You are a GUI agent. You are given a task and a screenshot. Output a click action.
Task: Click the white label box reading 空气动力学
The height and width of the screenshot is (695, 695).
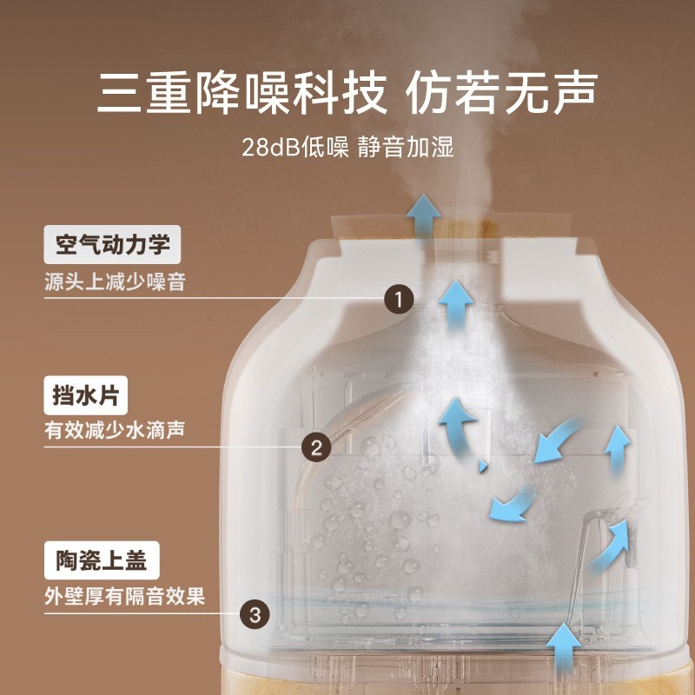click(112, 245)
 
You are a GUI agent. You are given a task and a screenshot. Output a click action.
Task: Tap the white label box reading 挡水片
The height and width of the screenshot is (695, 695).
click(86, 398)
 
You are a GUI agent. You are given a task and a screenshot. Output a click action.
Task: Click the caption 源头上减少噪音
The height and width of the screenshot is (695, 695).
click(115, 281)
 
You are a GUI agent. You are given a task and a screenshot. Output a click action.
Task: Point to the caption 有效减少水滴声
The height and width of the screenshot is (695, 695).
click(115, 430)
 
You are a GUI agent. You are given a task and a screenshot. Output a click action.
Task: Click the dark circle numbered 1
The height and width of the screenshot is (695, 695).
click(398, 301)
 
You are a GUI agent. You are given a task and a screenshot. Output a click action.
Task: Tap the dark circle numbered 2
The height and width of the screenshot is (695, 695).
click(316, 447)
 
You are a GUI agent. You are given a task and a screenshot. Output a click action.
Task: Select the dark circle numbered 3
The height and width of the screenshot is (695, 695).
click(255, 614)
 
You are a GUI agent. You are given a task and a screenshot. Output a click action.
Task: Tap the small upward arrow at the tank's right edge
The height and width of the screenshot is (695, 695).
click(617, 447)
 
